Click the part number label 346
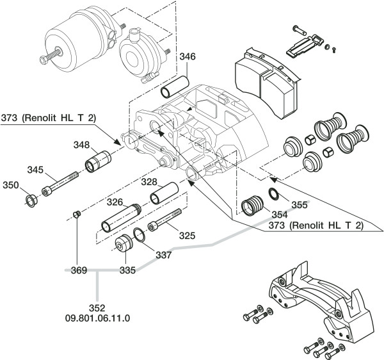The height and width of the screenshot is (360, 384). pos(188,56)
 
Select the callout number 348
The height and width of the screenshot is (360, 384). pos(81,145)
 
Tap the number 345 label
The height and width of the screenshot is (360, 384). pos(35,170)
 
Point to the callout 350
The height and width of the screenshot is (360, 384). pos(11,185)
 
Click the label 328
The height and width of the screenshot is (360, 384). pos(149,182)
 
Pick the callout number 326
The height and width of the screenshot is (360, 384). pos(115,202)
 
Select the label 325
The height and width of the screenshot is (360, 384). pos(187,236)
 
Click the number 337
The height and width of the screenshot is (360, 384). pos(164,255)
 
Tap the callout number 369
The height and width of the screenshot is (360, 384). pos(79,270)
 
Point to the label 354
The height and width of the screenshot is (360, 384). pos(280,215)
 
